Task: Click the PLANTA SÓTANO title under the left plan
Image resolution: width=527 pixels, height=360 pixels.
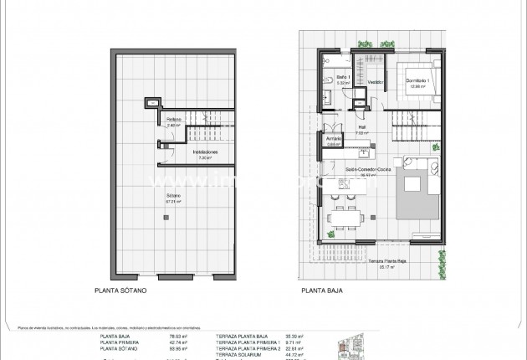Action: pos(123,293)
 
